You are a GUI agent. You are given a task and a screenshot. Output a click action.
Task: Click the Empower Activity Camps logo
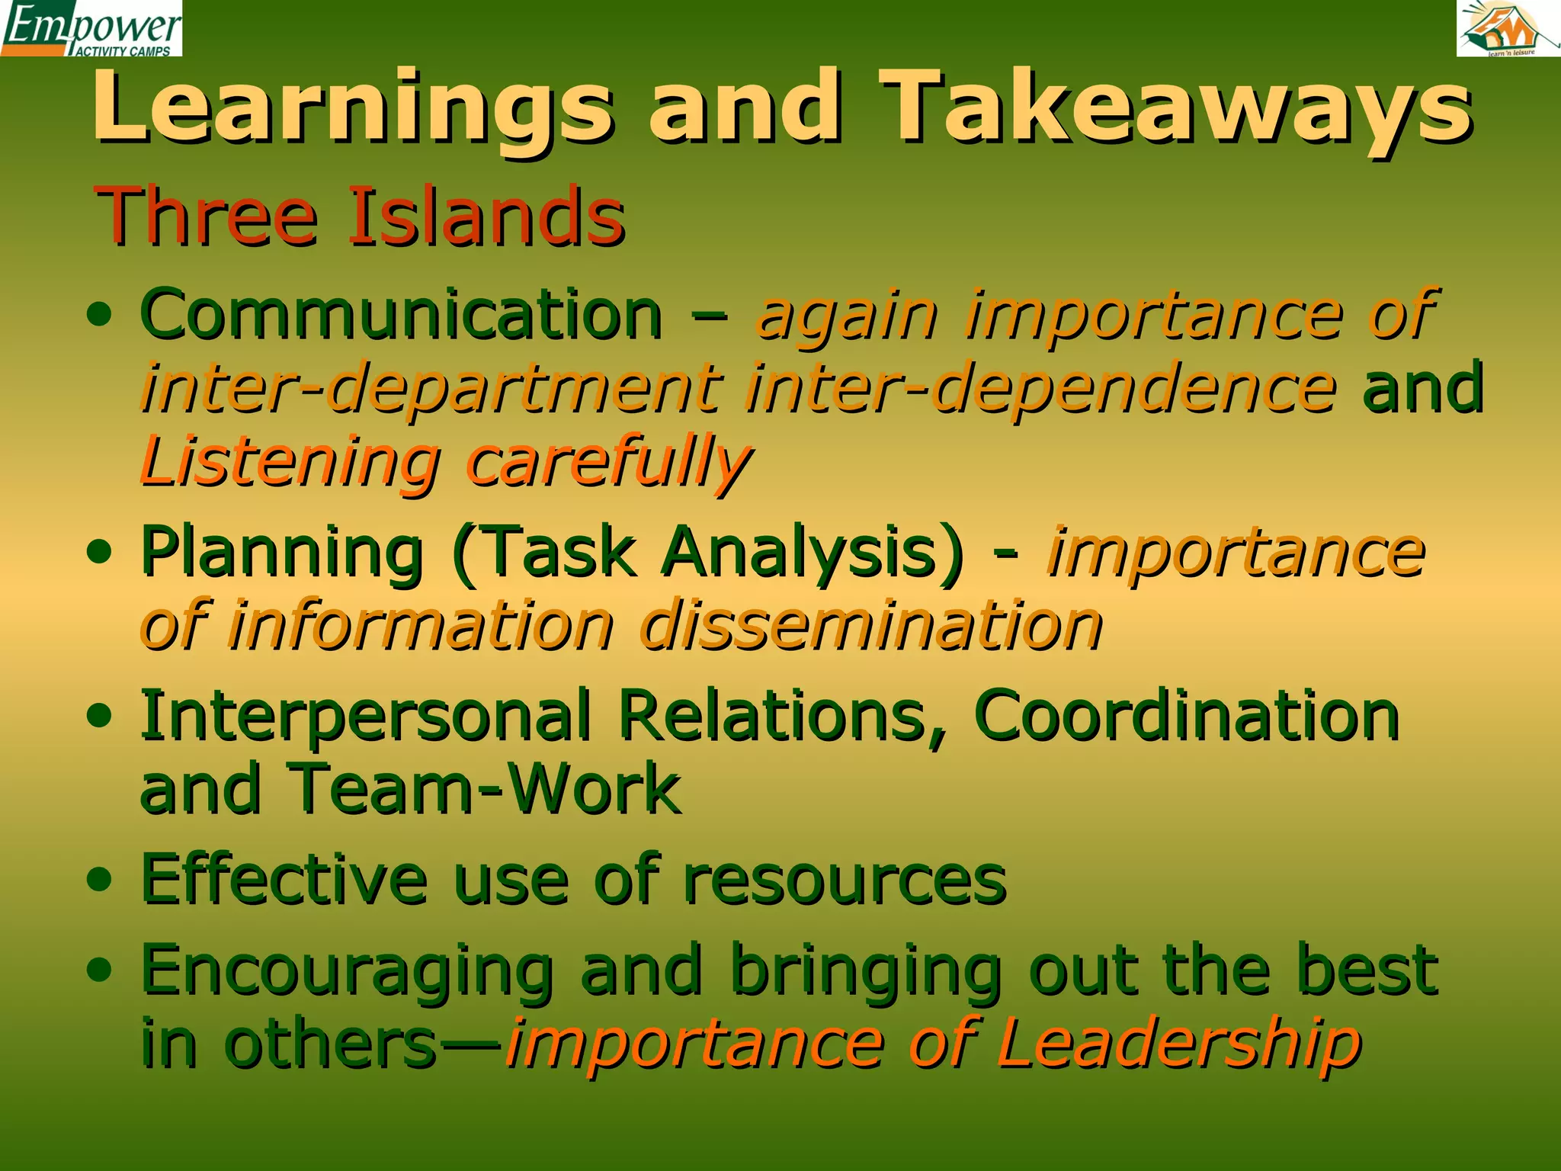pos(91,28)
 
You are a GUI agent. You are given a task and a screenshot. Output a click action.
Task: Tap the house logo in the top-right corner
pos(1508,28)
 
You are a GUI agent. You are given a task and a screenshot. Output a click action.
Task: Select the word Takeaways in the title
pos(1178,107)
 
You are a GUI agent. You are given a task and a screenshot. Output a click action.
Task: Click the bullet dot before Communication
pos(100,313)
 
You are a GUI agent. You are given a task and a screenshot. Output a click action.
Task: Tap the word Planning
pos(282,553)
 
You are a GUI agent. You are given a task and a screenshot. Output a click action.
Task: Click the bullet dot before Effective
pos(100,881)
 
